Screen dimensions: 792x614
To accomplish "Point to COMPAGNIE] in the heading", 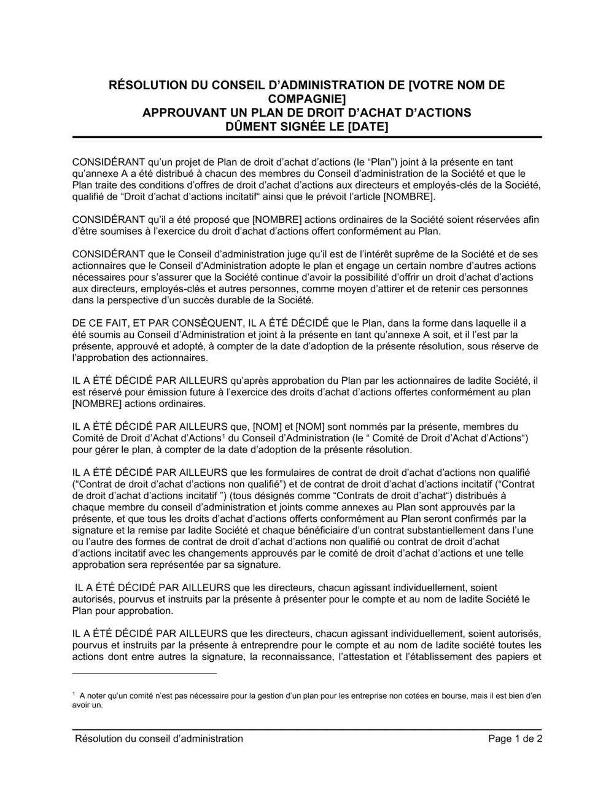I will tap(307, 99).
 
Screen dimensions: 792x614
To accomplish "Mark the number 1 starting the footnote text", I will tap(74, 694).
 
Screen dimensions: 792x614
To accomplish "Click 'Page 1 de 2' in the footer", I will tap(515, 739).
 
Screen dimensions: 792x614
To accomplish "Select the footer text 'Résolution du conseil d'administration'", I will tap(158, 739).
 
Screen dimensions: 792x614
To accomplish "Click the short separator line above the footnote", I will tap(144, 674).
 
